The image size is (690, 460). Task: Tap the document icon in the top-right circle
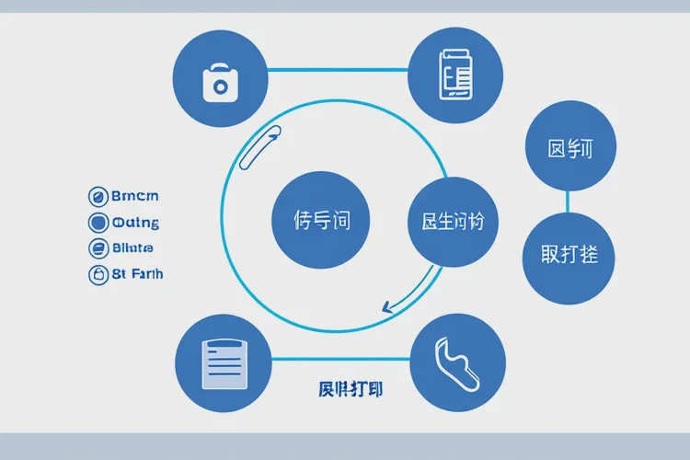(456, 74)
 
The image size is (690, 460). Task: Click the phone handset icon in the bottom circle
(456, 361)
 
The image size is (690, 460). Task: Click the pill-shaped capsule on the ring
(259, 148)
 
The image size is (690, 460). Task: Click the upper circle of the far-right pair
(569, 147)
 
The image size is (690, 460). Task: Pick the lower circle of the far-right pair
(569, 254)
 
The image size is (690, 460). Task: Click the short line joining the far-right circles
(569, 201)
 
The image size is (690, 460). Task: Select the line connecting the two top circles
(338, 69)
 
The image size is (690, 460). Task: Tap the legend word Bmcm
(134, 195)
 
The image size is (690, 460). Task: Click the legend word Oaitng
(135, 222)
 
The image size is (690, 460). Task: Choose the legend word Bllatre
(132, 247)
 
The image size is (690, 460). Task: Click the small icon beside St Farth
(98, 273)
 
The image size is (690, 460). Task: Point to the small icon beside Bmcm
(98, 195)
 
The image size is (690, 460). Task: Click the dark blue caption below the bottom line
(351, 389)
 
